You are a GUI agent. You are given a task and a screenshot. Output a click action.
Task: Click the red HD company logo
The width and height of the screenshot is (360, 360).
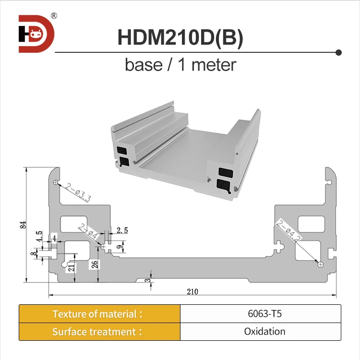click(x=36, y=34)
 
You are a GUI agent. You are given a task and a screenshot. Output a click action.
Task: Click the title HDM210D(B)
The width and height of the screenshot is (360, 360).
click(x=180, y=39)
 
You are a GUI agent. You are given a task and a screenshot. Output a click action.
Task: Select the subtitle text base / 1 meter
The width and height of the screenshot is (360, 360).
click(x=180, y=64)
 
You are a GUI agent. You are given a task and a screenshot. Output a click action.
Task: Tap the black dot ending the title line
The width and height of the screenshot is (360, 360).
click(x=338, y=52)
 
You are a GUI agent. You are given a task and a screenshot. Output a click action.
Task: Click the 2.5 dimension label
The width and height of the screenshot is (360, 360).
click(x=122, y=230)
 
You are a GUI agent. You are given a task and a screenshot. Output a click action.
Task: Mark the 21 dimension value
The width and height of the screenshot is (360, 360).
click(x=71, y=268)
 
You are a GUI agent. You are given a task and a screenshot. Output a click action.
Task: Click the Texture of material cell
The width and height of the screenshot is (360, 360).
click(x=99, y=314)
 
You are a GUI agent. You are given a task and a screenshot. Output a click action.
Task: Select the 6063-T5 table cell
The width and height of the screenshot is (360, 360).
click(x=260, y=314)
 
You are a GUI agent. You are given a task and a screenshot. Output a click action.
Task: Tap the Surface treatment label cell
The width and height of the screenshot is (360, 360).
click(x=99, y=332)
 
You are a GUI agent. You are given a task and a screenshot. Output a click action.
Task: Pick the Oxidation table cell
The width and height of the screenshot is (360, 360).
click(x=260, y=332)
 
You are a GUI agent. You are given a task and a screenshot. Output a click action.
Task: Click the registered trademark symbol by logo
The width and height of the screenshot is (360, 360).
click(x=54, y=16)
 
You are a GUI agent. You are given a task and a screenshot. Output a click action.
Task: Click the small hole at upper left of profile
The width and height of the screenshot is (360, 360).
click(x=56, y=183)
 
